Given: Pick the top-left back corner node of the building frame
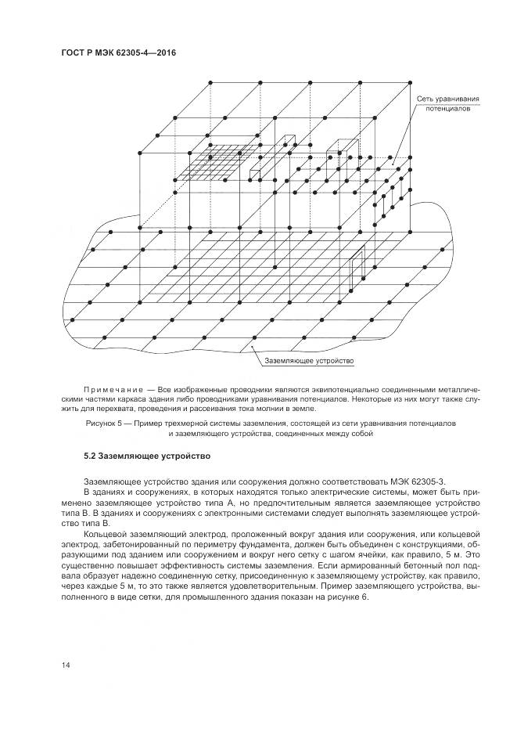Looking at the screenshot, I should tap(210, 81).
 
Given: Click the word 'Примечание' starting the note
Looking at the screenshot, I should tap(110, 389).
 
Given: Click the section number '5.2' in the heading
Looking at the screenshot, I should tap(91, 455).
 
